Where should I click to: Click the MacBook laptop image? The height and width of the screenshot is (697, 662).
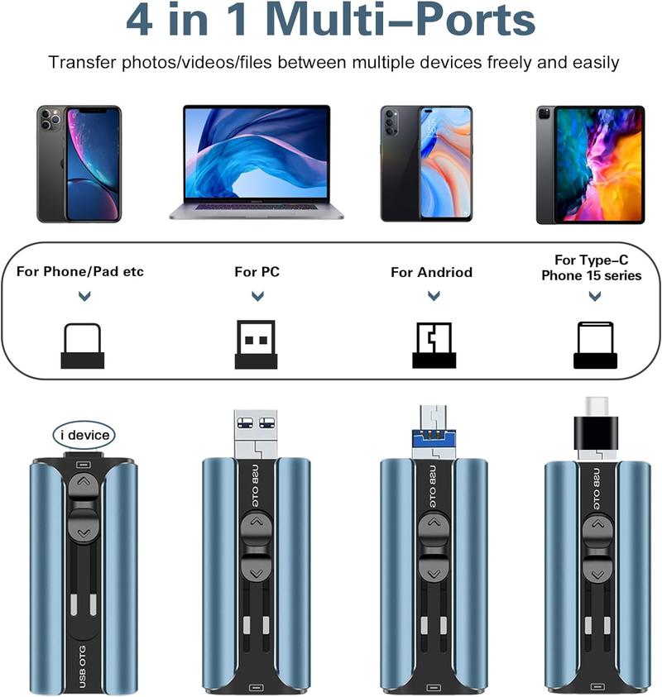[257, 162]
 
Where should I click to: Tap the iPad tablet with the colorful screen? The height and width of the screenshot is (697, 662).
[590, 165]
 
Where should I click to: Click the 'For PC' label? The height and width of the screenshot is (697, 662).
[257, 271]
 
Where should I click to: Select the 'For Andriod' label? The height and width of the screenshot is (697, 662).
[432, 272]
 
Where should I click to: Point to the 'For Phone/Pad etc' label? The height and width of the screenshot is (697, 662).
[80, 271]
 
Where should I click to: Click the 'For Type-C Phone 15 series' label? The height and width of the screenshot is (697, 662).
[592, 268]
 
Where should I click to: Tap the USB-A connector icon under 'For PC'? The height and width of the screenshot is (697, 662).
[256, 344]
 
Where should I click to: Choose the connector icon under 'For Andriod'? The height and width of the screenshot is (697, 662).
[434, 345]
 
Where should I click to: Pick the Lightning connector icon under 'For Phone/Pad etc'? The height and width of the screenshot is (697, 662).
[82, 346]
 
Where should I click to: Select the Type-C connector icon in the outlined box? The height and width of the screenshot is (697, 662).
[595, 345]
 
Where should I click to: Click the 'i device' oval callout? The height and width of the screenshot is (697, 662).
[84, 435]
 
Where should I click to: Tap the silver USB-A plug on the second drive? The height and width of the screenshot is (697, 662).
[256, 434]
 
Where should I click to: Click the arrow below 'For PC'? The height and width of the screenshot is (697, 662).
[257, 296]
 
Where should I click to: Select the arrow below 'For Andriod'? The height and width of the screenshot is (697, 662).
[434, 296]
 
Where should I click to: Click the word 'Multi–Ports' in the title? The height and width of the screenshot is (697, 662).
[401, 20]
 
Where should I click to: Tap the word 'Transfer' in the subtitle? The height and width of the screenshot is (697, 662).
[83, 62]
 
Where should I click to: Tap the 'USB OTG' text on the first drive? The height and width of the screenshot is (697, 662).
[82, 666]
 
